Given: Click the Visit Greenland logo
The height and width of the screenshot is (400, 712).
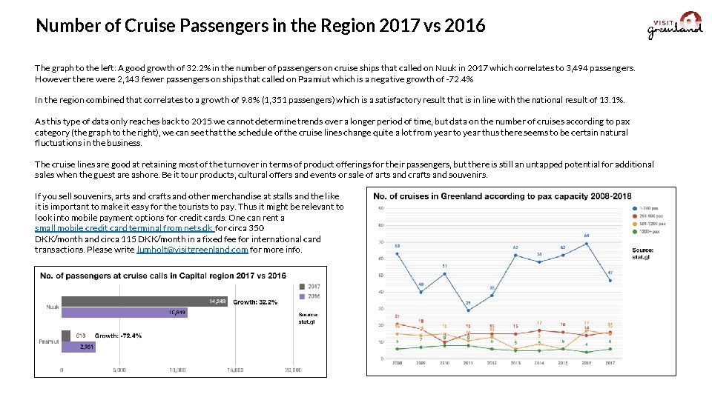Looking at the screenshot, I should pyautogui.click(x=675, y=25).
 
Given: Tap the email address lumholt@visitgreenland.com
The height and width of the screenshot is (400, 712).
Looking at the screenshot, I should pyautogui.click(x=193, y=250).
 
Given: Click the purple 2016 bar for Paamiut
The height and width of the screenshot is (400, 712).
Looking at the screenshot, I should pyautogui.click(x=78, y=346).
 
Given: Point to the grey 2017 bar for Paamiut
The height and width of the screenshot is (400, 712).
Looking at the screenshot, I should pyautogui.click(x=66, y=335).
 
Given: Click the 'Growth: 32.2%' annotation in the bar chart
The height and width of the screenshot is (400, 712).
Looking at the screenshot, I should pyautogui.click(x=255, y=302).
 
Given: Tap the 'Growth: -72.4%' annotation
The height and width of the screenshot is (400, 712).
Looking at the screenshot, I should pyautogui.click(x=118, y=336).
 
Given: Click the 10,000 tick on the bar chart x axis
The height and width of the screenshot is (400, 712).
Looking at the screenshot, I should pyautogui.click(x=177, y=370).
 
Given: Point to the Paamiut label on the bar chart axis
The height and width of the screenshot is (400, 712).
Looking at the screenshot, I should pyautogui.click(x=49, y=341).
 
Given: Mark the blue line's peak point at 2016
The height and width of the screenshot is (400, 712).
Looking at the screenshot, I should pyautogui.click(x=586, y=243).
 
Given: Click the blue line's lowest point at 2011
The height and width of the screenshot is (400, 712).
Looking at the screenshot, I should pyautogui.click(x=468, y=310).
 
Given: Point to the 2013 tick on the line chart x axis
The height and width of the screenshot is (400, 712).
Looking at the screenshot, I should pyautogui.click(x=515, y=364).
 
